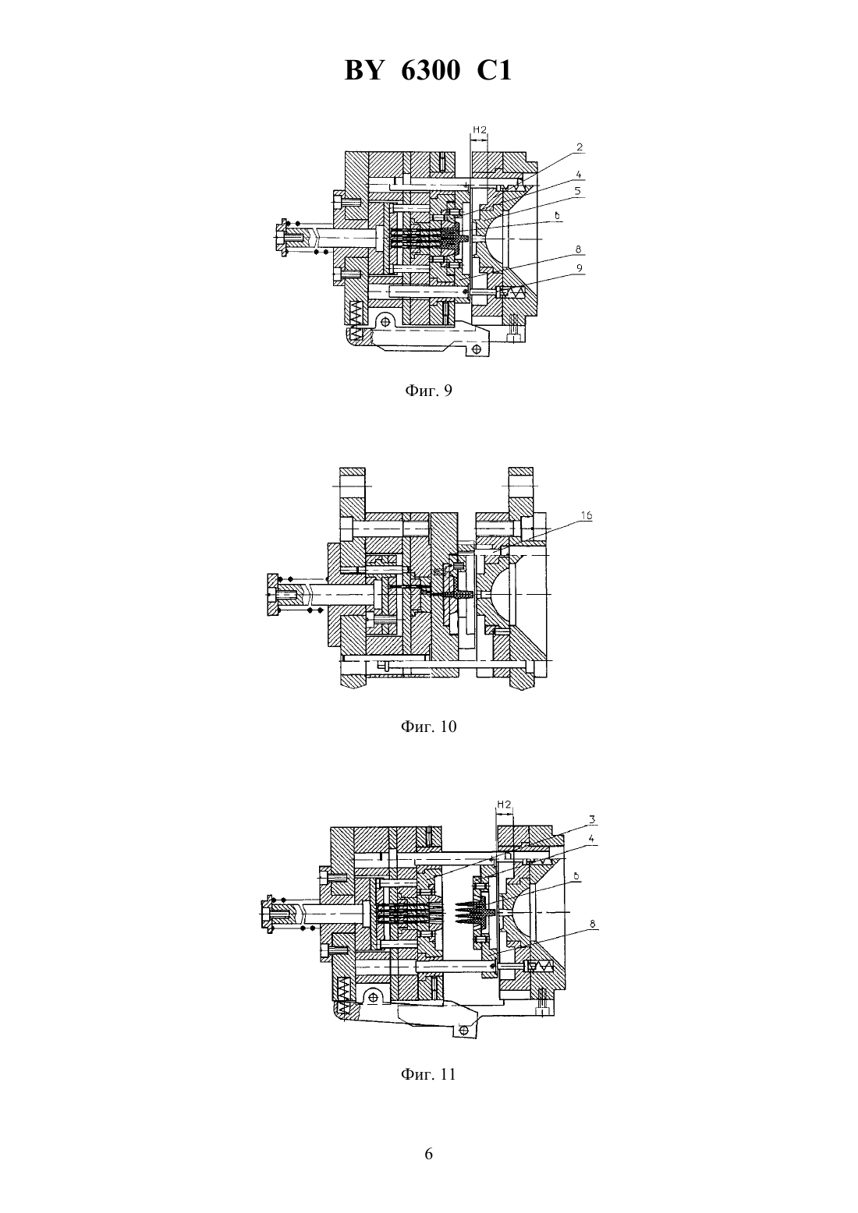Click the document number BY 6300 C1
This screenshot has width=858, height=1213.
pos(428,70)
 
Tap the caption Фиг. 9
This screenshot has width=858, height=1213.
pos(428,391)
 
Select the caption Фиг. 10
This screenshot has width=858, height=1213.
pos(428,727)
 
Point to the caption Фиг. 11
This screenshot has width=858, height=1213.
pos(428,1073)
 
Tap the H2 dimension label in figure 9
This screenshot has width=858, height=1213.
pos(480,130)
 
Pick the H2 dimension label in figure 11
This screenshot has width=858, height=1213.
pos(505,805)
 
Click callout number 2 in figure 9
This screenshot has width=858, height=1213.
pos(579,147)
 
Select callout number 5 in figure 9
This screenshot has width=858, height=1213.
pos(578,191)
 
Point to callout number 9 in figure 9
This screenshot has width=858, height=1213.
pos(579,268)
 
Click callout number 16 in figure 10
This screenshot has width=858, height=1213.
pos(587,516)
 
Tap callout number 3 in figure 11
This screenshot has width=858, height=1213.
pos(593,819)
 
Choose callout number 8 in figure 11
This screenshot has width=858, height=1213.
pos(593,924)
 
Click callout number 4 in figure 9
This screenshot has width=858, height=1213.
pos(579,175)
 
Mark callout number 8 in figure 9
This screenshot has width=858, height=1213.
pos(579,249)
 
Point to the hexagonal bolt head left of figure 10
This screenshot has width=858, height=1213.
pos(272,595)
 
